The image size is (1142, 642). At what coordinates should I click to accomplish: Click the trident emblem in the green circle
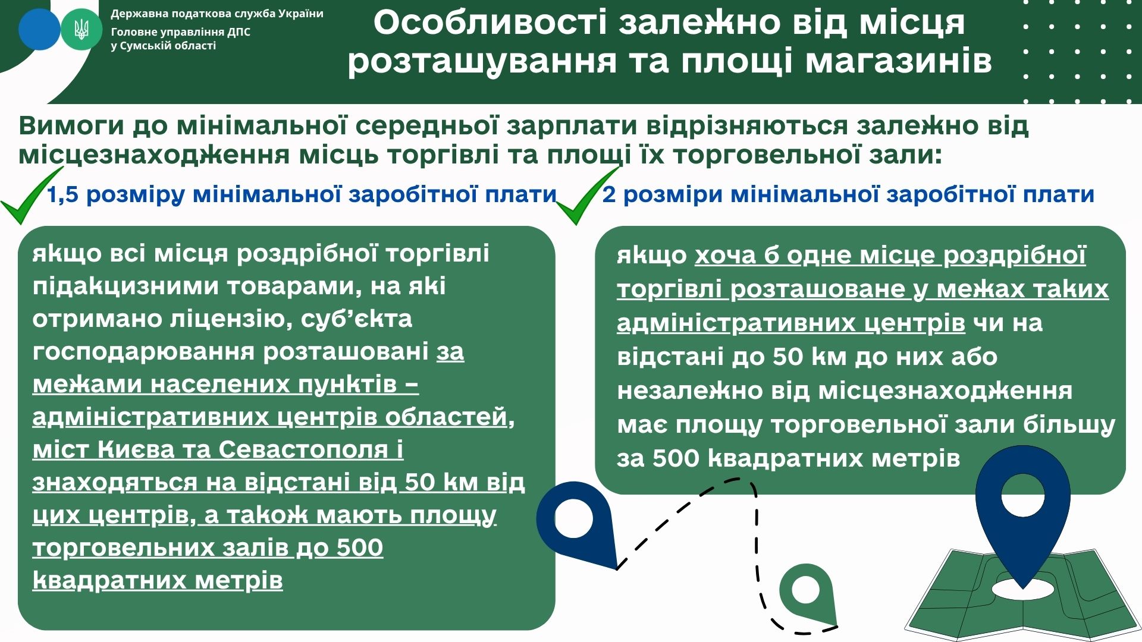tap(81, 29)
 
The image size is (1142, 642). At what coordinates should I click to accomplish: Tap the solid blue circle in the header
tap(39, 29)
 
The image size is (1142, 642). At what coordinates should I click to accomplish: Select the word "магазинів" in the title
tap(899, 61)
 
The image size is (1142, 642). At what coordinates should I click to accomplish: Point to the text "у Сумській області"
tap(164, 46)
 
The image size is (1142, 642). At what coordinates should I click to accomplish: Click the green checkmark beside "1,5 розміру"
tap(31, 196)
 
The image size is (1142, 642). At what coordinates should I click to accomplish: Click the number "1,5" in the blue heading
tap(62, 195)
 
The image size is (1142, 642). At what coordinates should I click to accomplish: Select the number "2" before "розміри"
tap(609, 194)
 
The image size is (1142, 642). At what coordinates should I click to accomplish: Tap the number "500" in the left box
tap(360, 547)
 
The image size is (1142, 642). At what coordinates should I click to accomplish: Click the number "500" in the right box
tap(676, 458)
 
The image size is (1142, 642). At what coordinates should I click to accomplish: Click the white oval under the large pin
tap(1022, 588)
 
